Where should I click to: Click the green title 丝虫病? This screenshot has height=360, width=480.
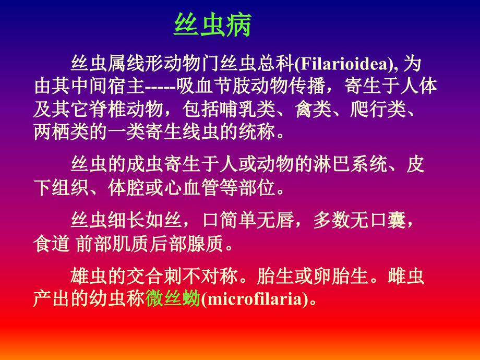(212, 25)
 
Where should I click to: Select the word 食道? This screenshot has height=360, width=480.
(51, 243)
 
